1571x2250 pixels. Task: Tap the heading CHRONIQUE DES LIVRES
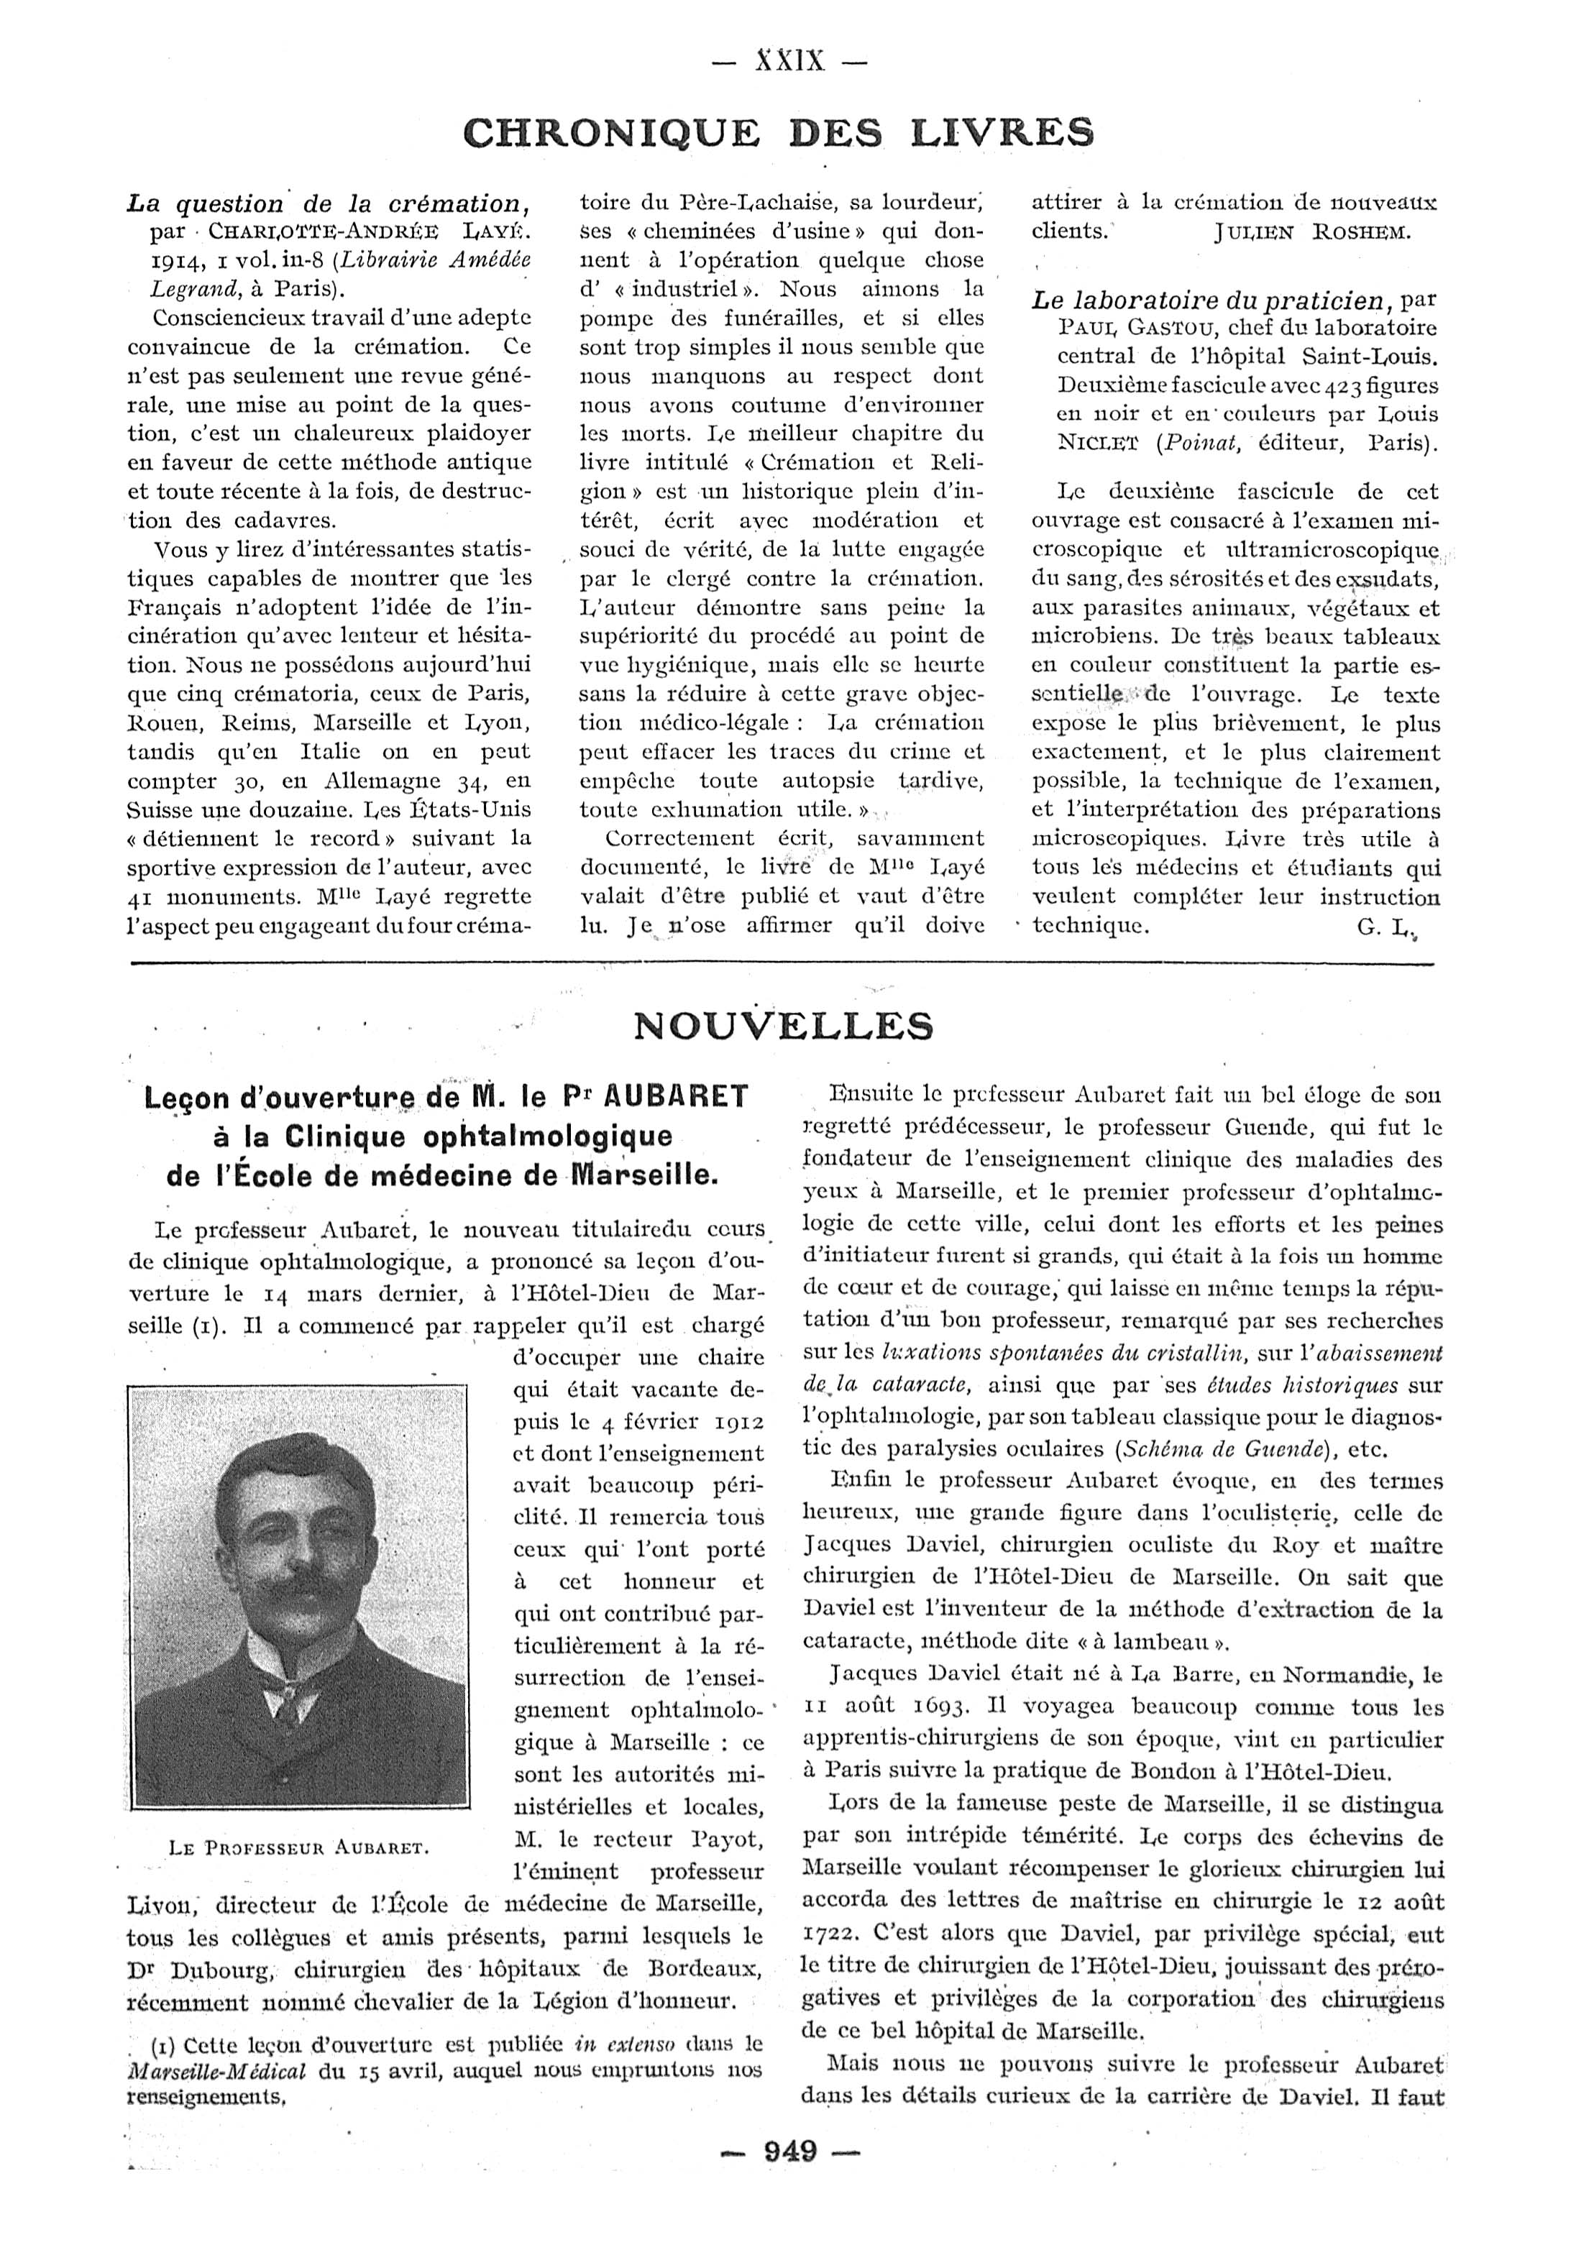[x=778, y=132]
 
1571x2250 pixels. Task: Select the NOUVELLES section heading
[x=783, y=1025]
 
